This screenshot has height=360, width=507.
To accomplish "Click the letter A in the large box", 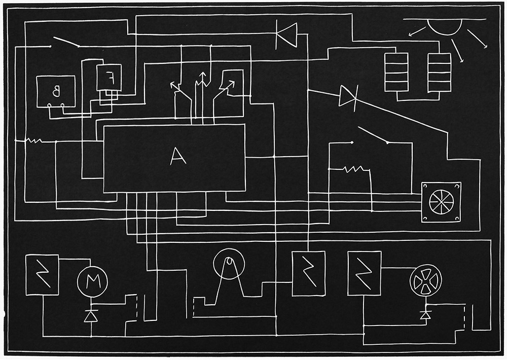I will tap(178, 157).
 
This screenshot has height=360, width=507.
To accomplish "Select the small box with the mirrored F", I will tap(109, 78).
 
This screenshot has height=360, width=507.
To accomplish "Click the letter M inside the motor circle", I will tap(91, 282).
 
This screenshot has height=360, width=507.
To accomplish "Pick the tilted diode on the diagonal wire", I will tap(349, 96).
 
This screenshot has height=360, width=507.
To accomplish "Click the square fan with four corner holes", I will tap(442, 202).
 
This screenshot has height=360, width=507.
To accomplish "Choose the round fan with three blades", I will tap(425, 280).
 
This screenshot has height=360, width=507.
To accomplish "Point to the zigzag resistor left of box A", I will tap(34, 140).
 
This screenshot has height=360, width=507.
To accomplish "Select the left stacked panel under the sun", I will tap(396, 72).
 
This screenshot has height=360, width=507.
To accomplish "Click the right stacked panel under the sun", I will tap(439, 72).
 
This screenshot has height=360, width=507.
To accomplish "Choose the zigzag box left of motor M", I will tap(42, 275).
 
